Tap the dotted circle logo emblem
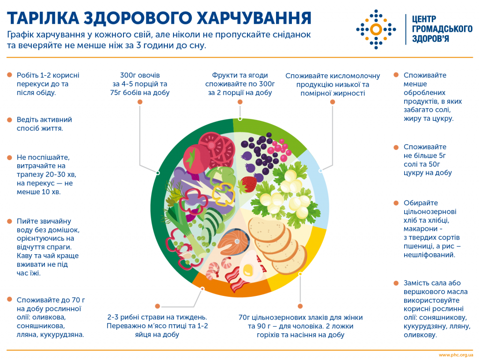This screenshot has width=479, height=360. (376, 29)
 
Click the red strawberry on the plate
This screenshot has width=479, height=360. (249, 184)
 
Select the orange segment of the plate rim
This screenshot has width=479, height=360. (229, 287)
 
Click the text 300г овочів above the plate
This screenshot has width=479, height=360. (140, 75)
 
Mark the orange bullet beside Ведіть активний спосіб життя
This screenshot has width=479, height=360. (9, 120)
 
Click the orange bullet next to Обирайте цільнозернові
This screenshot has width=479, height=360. (396, 203)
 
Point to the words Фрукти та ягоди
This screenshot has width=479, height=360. (240, 75)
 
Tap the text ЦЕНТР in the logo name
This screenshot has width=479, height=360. (424, 19)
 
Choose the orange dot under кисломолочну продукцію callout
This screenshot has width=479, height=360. (333, 102)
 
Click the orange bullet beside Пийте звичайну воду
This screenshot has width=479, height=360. (9, 221)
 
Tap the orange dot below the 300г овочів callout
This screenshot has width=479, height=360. (140, 102)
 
